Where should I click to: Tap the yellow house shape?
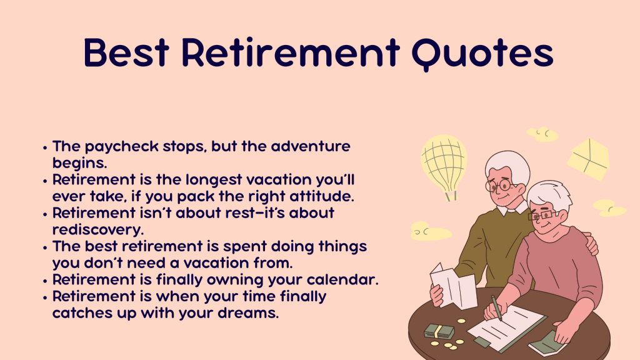click(588, 159)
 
